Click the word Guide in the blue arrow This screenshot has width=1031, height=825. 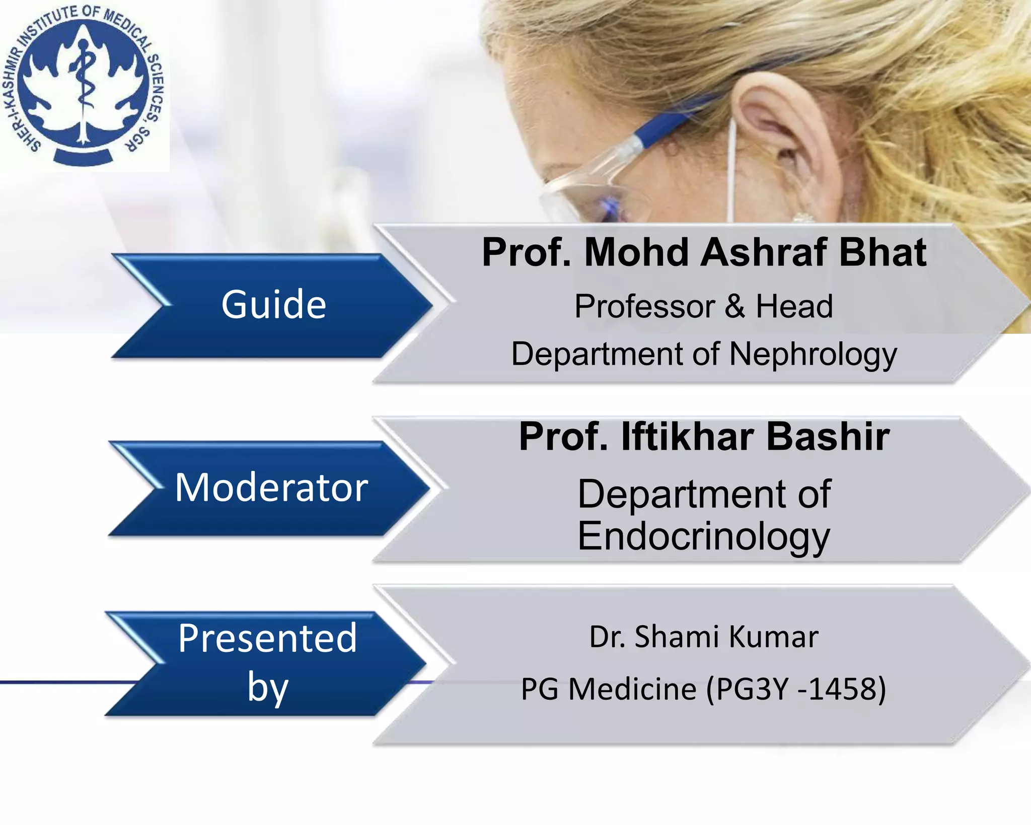tap(273, 305)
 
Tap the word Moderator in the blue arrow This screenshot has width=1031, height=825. tap(271, 488)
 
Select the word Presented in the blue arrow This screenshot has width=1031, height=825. tap(267, 638)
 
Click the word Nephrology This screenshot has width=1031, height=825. tap(813, 355)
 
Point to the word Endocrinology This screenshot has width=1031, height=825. tap(703, 537)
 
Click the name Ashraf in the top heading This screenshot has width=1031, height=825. tap(764, 252)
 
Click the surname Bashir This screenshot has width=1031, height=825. tap(828, 437)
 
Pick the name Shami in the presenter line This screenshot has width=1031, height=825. tap(677, 637)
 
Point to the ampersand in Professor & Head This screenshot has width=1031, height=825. tap(735, 307)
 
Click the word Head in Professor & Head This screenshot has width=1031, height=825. tap(794, 307)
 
